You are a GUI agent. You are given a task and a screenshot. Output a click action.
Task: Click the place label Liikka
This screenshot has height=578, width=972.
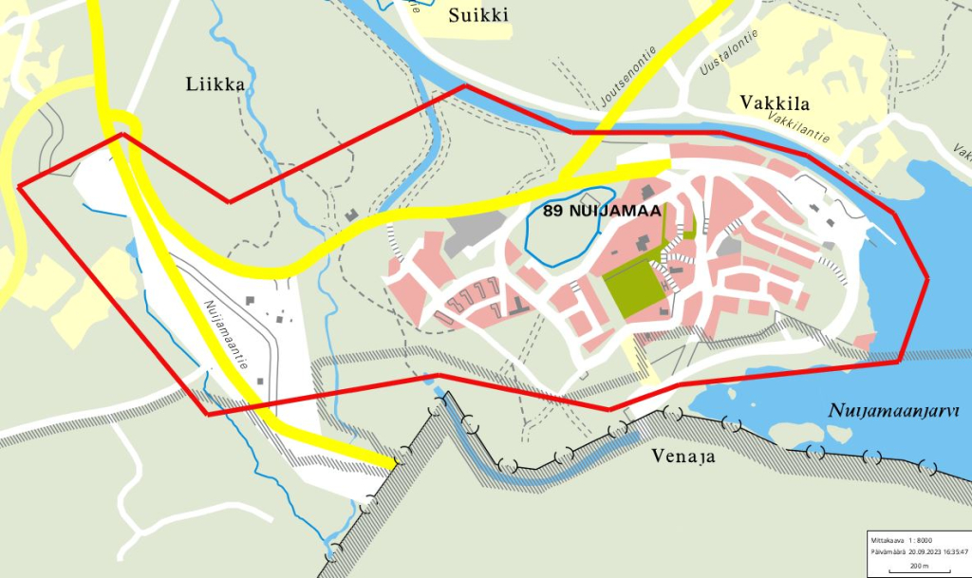point(215,84)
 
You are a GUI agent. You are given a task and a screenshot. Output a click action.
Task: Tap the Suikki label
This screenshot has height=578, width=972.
point(479,14)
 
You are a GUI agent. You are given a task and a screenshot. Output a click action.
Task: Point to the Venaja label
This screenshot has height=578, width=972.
point(683,457)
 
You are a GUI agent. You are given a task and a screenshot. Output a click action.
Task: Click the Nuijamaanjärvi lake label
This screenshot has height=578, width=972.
point(893,411)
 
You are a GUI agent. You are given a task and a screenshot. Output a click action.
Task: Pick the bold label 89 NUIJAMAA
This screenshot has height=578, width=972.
point(601,212)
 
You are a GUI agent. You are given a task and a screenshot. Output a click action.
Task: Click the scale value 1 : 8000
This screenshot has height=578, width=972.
point(917,539)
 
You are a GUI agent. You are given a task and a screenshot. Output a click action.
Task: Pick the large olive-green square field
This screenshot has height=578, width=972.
point(633,289)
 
